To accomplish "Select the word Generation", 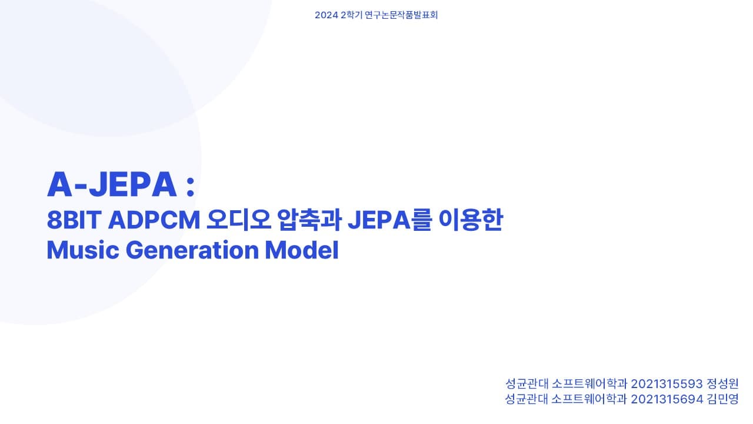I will pos(192,250).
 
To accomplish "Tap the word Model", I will pos(302,250).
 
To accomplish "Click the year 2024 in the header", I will pos(325,15).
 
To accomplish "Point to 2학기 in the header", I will pos(351,15).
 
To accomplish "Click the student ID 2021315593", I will pos(667,384).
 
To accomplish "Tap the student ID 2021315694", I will pos(667,399).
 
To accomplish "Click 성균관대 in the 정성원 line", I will pos(526,384).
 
